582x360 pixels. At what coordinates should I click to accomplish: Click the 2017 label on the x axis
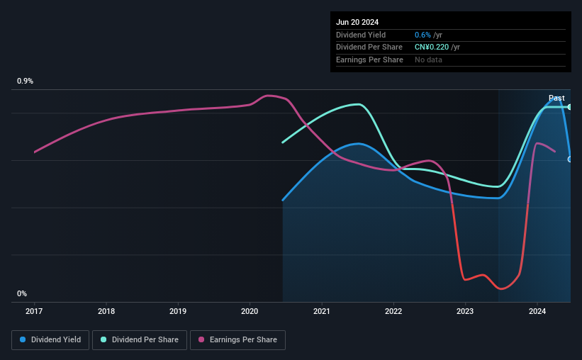point(34,311)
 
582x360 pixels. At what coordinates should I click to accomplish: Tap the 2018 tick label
point(106,311)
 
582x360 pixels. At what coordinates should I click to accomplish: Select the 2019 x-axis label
point(178,311)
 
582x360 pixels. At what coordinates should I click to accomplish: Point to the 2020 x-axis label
point(250,311)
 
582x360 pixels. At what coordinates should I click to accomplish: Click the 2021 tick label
point(321,311)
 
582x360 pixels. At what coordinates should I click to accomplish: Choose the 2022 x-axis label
point(393,311)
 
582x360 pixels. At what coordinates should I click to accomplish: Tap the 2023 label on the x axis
point(465,311)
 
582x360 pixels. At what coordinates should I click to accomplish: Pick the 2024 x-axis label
point(537,311)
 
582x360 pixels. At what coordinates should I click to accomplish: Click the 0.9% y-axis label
point(26,81)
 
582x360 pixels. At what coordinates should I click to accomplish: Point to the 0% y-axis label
point(22,293)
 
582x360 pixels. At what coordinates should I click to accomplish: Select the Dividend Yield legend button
point(50,340)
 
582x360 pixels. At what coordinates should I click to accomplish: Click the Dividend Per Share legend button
point(140,340)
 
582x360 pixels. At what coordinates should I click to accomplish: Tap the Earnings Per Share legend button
point(237,340)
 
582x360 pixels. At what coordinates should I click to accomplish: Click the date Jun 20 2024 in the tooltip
point(357,22)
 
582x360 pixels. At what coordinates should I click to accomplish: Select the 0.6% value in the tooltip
point(422,35)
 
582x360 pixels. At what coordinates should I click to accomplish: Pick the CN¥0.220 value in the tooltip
point(432,47)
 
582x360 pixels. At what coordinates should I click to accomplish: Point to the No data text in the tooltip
point(428,60)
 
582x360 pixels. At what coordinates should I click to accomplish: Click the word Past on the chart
point(556,98)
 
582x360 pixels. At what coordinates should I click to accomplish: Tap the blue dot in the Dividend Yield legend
point(23,339)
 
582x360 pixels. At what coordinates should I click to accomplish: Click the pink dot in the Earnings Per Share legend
point(201,339)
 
